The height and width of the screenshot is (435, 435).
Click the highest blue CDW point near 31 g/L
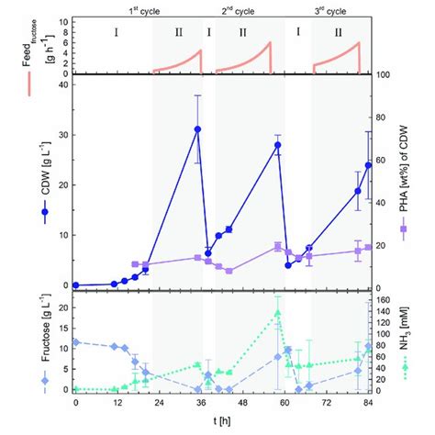[x=197, y=129]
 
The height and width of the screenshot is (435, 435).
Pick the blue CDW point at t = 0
[x=76, y=285]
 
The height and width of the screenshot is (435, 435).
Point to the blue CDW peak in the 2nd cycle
[x=277, y=145]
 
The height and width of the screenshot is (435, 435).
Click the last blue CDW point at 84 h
[x=368, y=165]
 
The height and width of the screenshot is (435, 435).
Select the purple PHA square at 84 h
[x=368, y=247]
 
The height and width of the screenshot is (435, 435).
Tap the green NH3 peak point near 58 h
[x=277, y=313]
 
